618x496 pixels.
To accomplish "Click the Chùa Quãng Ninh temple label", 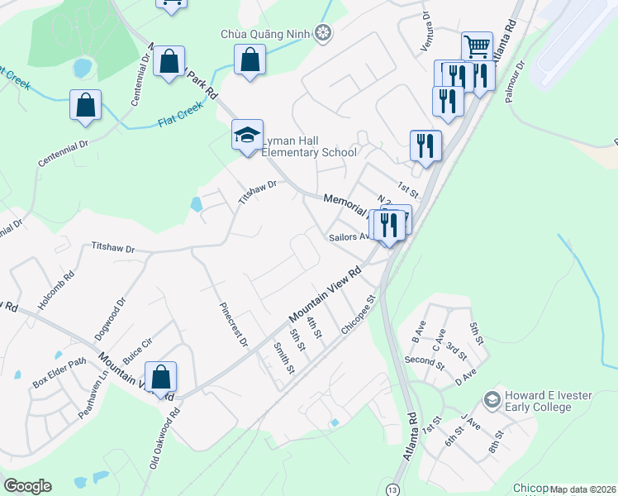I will click(x=267, y=33).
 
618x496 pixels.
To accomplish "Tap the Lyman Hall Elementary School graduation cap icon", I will click(x=245, y=136).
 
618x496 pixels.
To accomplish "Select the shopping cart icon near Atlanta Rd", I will click(x=477, y=46).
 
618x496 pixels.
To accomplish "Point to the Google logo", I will click(x=27, y=486).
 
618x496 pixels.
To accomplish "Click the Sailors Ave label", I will click(x=348, y=236).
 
